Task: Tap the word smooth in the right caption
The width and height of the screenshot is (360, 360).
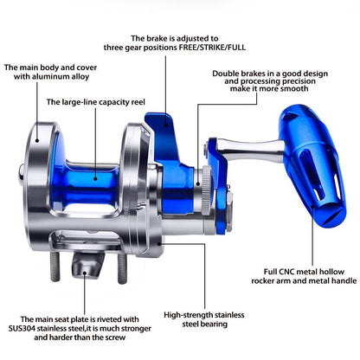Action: (294, 88)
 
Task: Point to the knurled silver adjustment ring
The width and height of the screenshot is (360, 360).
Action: (206, 190)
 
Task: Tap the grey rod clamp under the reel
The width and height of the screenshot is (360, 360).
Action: (87, 265)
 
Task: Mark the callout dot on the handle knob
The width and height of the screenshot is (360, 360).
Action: (312, 207)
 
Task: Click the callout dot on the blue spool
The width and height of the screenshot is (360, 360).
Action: (95, 179)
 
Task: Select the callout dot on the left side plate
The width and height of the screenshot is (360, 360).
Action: (37, 141)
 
